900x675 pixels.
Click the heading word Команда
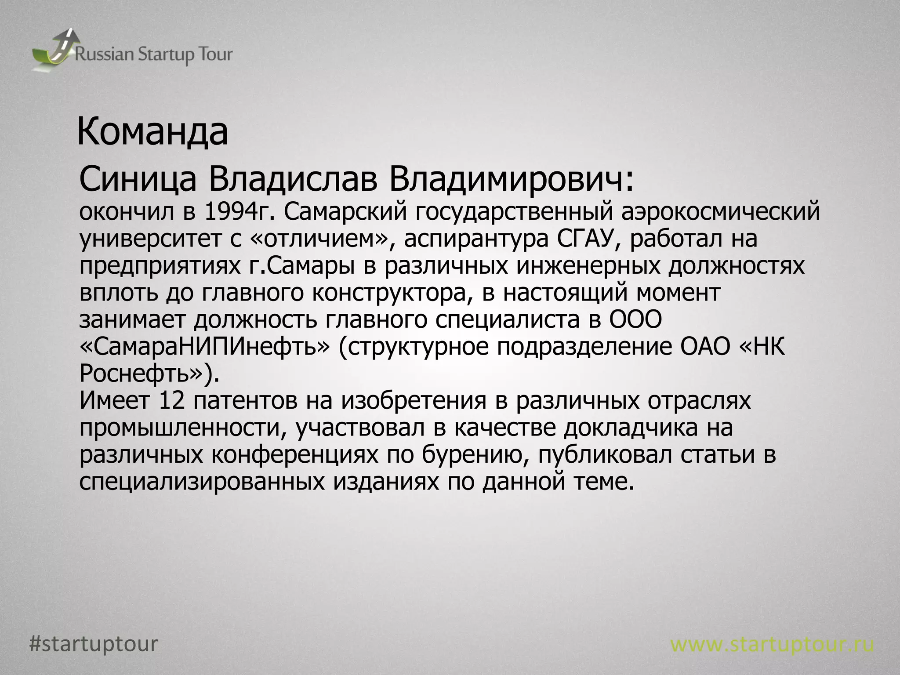click(x=152, y=132)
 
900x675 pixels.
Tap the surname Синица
click(x=137, y=181)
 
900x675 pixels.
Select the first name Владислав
click(x=293, y=181)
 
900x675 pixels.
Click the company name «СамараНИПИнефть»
click(x=204, y=347)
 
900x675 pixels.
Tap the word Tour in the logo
click(x=215, y=55)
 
